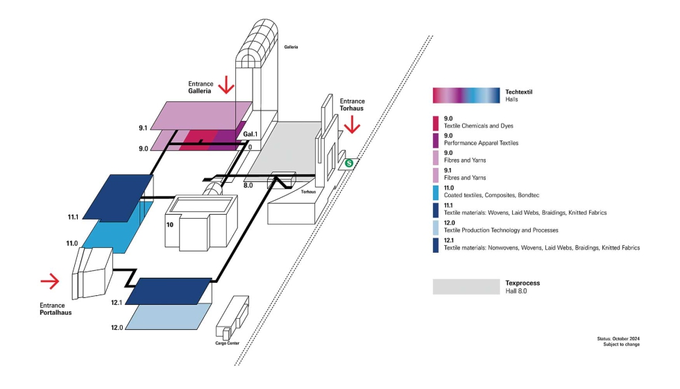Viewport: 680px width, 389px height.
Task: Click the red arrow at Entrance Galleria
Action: pos(226,85)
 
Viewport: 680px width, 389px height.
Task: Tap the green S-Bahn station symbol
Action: pos(349,163)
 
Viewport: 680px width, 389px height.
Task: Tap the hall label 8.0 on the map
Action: pos(248,185)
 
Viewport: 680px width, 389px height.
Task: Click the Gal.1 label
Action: pos(249,134)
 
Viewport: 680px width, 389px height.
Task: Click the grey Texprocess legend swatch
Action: pos(466,287)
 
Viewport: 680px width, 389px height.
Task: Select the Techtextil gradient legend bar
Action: pos(466,96)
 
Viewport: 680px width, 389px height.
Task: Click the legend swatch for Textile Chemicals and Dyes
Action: pos(436,123)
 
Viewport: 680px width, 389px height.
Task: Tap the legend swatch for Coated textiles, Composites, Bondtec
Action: pos(436,192)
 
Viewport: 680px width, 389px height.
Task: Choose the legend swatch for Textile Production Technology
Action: pos(436,227)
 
